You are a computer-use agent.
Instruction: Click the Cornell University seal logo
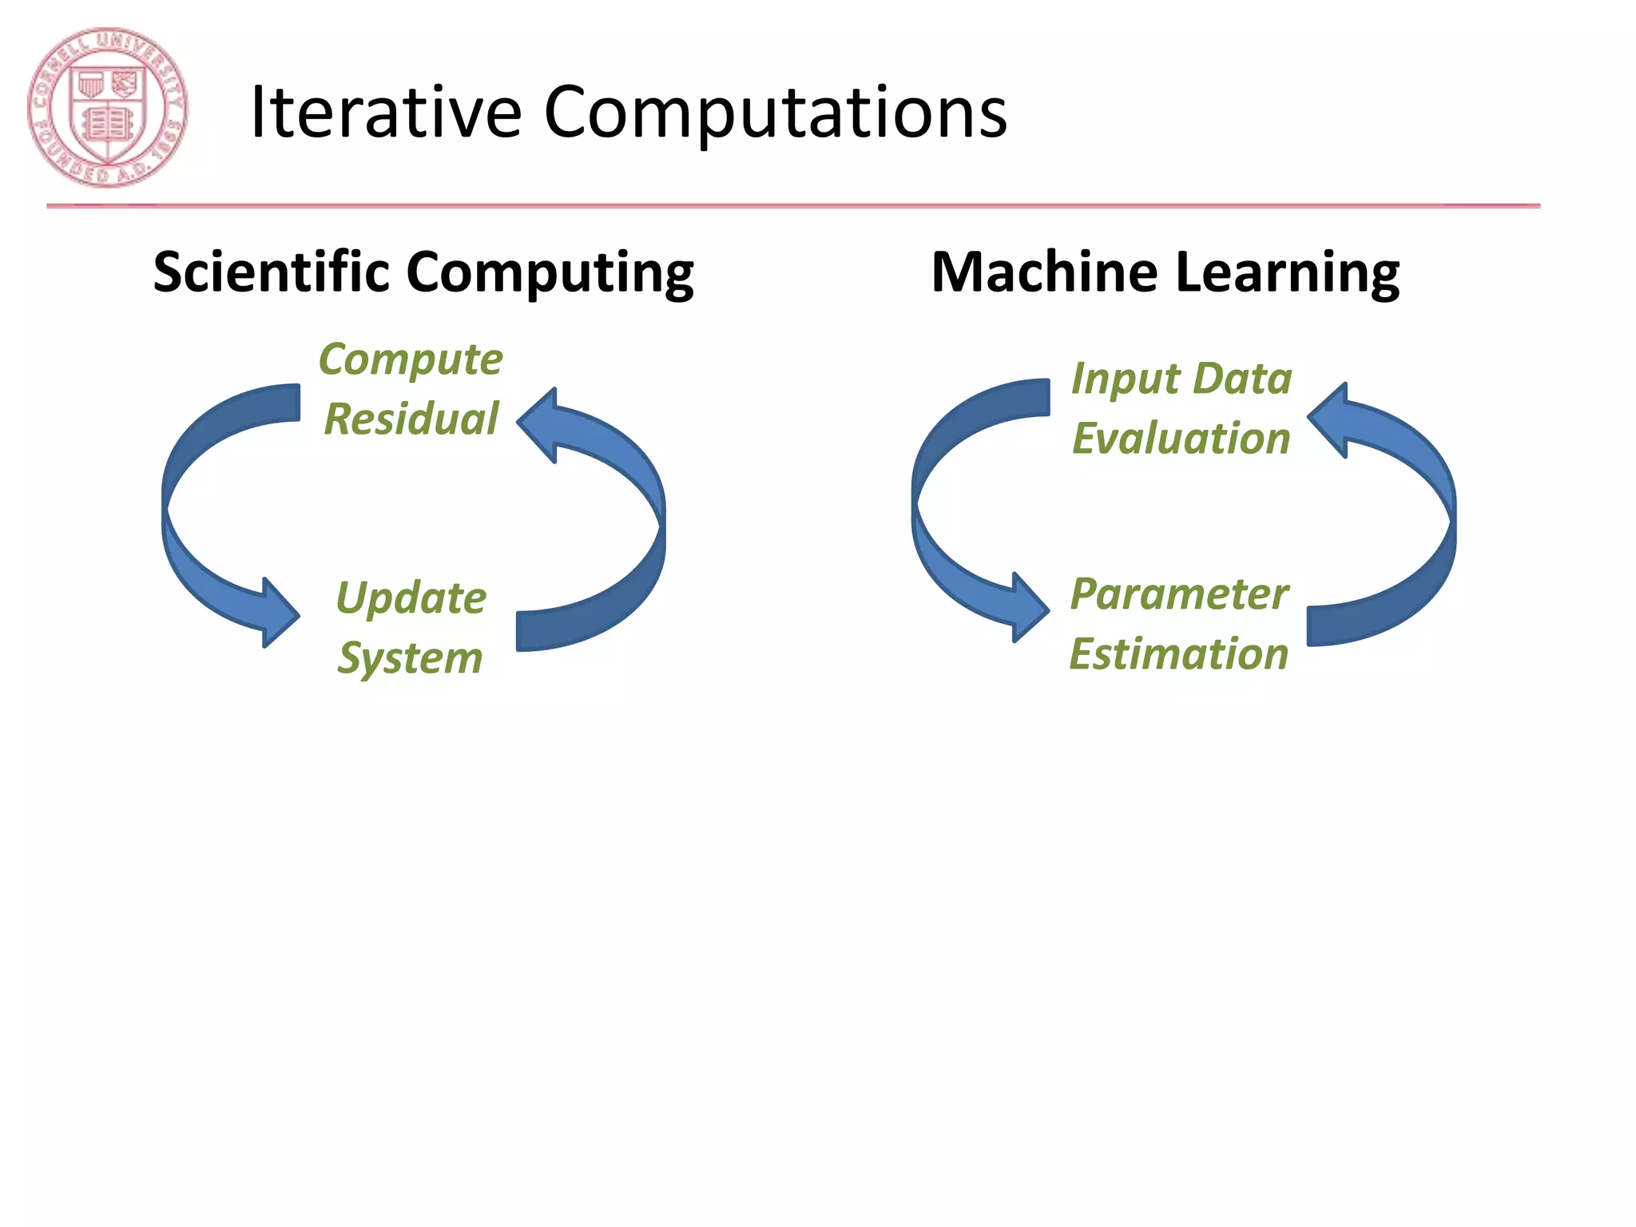pyautogui.click(x=108, y=108)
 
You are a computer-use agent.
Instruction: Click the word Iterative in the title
pyautogui.click(x=386, y=113)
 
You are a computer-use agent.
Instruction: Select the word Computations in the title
pyautogui.click(x=775, y=113)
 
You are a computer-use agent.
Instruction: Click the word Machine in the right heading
pyautogui.click(x=1043, y=272)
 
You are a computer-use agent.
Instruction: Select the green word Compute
pyautogui.click(x=411, y=359)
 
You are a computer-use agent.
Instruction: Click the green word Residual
pyautogui.click(x=411, y=419)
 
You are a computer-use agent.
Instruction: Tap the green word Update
pyautogui.click(x=411, y=598)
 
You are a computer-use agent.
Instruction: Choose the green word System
pyautogui.click(x=410, y=658)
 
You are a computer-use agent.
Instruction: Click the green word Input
pyautogui.click(x=1125, y=379)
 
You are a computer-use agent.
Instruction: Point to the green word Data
pyautogui.click(x=1242, y=378)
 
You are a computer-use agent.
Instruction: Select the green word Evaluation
pyautogui.click(x=1181, y=438)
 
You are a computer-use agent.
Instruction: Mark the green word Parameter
pyautogui.click(x=1179, y=594)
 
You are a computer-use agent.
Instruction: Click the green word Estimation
pyautogui.click(x=1179, y=653)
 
